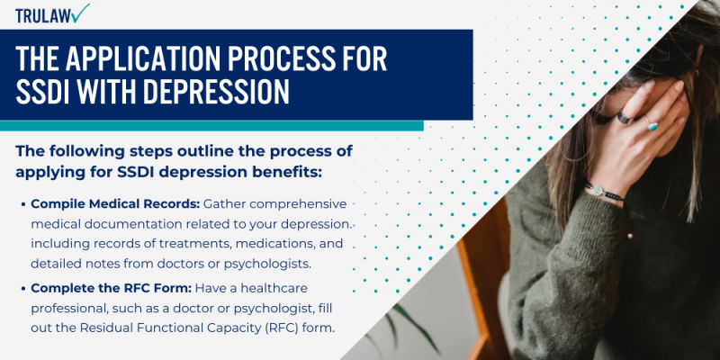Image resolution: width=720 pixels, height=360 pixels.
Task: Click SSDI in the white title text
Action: (x=45, y=93)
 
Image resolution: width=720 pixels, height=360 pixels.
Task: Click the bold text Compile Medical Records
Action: (x=114, y=204)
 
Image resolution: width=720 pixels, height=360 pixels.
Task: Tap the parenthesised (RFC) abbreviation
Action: (x=279, y=328)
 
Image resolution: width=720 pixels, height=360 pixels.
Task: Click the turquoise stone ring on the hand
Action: (x=652, y=125)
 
